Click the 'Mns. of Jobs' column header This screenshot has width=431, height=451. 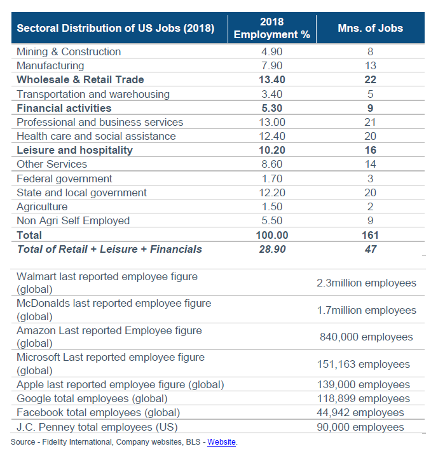[x=371, y=29]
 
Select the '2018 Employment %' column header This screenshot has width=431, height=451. [x=272, y=29]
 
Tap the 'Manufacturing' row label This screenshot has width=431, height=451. [x=50, y=65]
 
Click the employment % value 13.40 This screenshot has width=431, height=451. [x=272, y=79]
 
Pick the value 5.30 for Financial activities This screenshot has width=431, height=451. [x=272, y=108]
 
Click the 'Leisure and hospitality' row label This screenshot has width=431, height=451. [x=74, y=151]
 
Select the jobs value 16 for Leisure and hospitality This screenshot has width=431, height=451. [x=371, y=151]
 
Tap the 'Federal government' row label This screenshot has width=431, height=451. [x=64, y=178]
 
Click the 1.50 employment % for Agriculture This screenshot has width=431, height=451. [x=272, y=206]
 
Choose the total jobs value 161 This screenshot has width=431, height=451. [x=371, y=235]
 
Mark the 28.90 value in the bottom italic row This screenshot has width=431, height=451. [x=272, y=249]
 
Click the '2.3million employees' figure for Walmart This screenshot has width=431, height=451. [x=366, y=283]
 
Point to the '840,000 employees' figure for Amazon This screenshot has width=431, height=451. [x=366, y=337]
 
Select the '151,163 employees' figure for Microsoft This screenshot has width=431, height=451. [x=364, y=364]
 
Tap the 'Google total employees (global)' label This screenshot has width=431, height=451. [x=92, y=398]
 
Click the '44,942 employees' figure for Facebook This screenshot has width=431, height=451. [x=360, y=412]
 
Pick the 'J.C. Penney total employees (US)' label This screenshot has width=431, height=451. [x=97, y=426]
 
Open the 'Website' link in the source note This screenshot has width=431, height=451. [x=221, y=441]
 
